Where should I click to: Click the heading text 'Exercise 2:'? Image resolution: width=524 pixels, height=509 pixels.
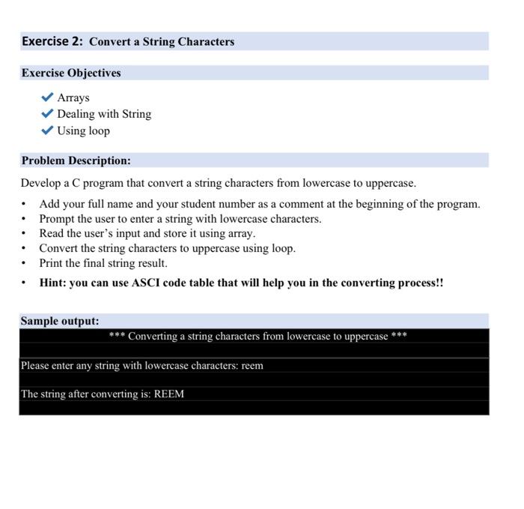click(52, 41)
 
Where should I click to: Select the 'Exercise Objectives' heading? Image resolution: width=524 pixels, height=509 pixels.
click(70, 73)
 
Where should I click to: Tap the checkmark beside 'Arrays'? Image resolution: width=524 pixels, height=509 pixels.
click(47, 97)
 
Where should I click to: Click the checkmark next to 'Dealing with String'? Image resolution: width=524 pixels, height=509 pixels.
click(47, 114)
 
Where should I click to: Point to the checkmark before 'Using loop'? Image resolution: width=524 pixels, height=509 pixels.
click(47, 130)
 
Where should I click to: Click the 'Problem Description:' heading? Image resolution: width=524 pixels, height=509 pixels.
click(76, 160)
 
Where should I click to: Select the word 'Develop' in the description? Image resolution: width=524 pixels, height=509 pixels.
click(40, 183)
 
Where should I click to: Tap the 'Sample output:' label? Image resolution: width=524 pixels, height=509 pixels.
click(60, 321)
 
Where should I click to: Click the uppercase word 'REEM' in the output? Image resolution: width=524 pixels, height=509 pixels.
click(169, 394)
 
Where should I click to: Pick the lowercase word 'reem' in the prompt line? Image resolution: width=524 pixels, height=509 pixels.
click(252, 366)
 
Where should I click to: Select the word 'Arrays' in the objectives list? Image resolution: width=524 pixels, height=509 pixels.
click(73, 97)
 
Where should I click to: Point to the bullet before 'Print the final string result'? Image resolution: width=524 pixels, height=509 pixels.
click(25, 264)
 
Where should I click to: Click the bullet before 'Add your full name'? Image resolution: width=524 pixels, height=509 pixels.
click(25, 204)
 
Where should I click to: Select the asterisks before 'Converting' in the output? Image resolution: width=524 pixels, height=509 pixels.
click(117, 337)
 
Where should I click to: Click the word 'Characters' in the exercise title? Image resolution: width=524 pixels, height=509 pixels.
click(205, 42)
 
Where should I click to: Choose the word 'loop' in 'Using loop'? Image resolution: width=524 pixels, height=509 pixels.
click(98, 130)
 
